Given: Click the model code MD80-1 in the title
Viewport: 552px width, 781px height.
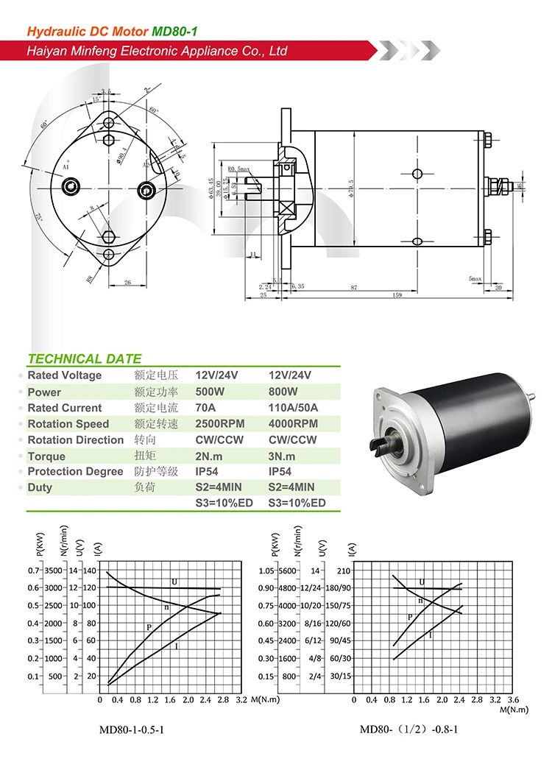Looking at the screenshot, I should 174,31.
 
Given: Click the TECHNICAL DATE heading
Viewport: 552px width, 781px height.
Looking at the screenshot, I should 84,359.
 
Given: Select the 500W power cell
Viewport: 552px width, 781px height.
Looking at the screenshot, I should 210,392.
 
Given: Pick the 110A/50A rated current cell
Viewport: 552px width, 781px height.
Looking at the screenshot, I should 294,408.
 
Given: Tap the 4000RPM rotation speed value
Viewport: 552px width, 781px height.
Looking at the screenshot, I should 293,424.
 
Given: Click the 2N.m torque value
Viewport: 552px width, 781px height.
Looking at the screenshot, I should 209,456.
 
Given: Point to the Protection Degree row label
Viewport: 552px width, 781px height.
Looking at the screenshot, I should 75,472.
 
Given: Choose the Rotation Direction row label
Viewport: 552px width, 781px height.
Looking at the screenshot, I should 75,440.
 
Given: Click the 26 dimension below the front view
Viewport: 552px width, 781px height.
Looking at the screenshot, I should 127,283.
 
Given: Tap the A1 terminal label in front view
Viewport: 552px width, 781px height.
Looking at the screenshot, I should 66,167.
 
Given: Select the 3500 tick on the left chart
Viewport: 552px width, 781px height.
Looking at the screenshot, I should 54,570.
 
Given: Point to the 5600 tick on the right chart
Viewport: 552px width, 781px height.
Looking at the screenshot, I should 287,570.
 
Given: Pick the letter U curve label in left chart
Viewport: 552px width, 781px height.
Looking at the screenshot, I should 174,582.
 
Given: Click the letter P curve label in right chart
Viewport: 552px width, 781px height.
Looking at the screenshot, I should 410,617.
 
